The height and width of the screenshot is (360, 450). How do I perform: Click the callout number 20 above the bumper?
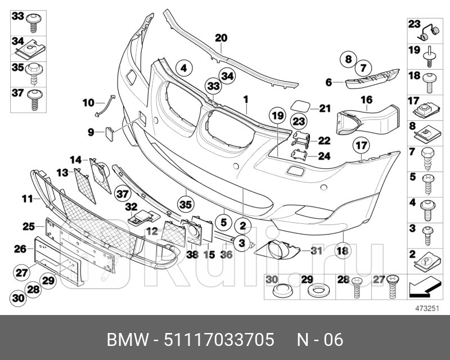pyautogui.click(x=221, y=38)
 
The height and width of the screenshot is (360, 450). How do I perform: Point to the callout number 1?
pyautogui.click(x=246, y=99)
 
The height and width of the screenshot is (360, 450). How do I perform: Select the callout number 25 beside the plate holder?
pyautogui.click(x=29, y=226)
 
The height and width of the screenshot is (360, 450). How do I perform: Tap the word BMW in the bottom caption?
pyautogui.click(x=125, y=340)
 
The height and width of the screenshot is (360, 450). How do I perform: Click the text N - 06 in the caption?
pyautogui.click(x=319, y=340)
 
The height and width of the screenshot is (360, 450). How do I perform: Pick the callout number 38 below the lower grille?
pyautogui.click(x=192, y=254)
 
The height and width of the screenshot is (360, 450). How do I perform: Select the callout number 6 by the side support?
pyautogui.click(x=328, y=82)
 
